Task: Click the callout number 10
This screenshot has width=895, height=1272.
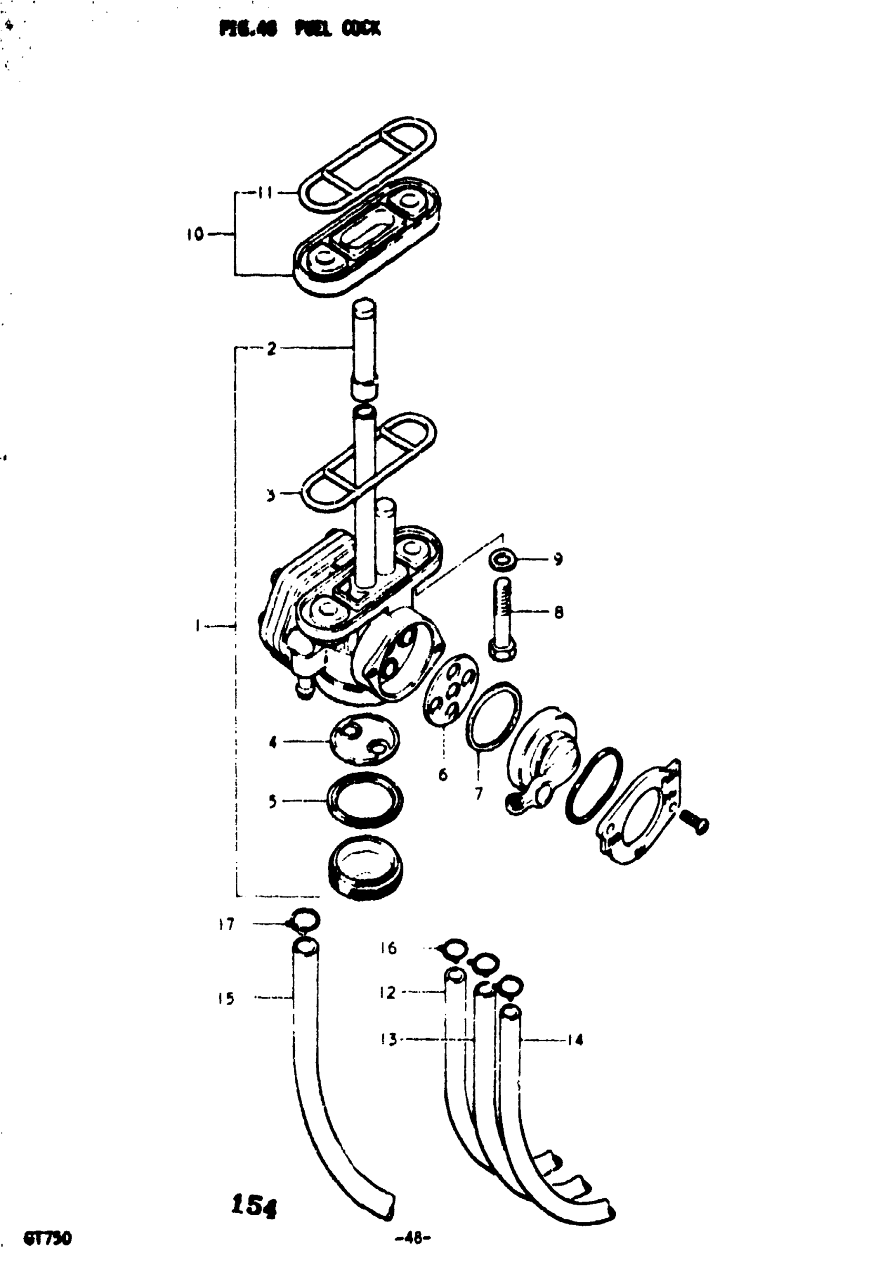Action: coord(195,234)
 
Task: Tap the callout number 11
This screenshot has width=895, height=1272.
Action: coord(266,193)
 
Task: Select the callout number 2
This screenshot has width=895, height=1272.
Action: coord(271,349)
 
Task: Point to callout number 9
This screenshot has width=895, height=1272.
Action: coord(558,559)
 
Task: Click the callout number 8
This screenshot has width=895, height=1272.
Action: coord(558,612)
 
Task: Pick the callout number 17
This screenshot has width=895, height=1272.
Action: coord(226,924)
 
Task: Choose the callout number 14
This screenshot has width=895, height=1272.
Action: coord(576,1040)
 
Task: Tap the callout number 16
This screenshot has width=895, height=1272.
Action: coord(389,949)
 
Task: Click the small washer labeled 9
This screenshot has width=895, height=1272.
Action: coord(503,560)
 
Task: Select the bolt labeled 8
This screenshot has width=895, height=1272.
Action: coord(502,618)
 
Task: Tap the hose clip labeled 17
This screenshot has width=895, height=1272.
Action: coord(305,920)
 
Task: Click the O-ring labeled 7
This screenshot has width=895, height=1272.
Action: coord(493,716)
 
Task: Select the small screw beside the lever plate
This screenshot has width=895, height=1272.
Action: coord(694,822)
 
